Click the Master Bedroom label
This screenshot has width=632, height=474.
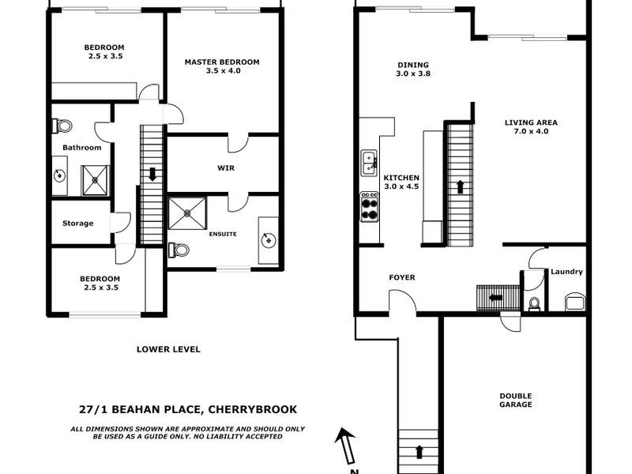coord(221,62)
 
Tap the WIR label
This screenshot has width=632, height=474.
coord(226,167)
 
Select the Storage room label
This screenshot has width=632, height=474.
coord(77,224)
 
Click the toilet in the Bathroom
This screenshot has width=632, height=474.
coord(61,125)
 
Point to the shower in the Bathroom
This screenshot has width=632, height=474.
coord(96,180)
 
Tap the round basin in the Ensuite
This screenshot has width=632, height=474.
coord(269,239)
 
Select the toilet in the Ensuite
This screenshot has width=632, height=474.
coord(179,250)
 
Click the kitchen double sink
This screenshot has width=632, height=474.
coord(368,163)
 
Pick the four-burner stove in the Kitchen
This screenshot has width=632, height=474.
coord(369,206)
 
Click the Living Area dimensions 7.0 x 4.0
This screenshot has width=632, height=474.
coord(531,132)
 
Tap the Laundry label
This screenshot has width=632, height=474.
coord(566,272)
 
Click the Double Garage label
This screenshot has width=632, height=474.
coord(515,400)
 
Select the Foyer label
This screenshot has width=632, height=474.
coord(402,277)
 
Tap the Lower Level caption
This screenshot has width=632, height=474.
coord(168,348)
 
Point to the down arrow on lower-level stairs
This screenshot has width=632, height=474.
coord(152,174)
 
